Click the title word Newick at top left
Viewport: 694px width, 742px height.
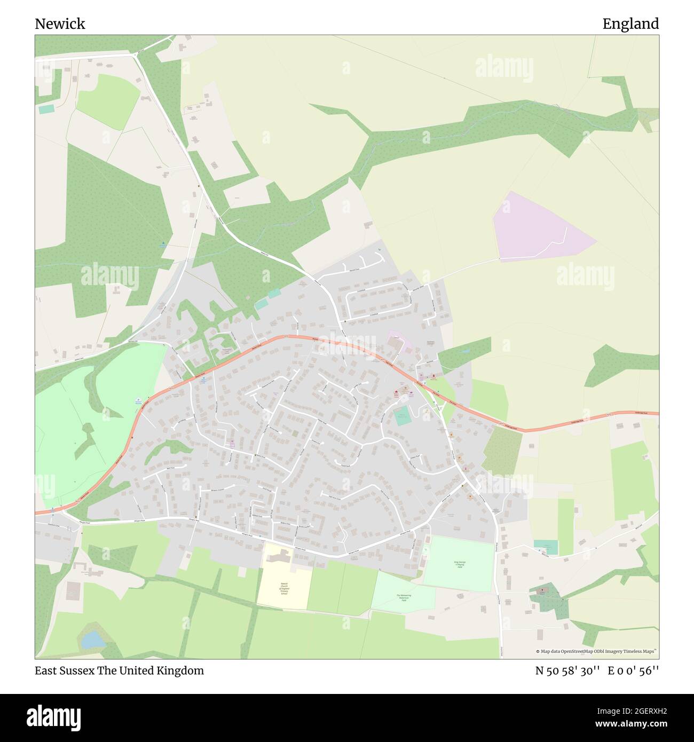pos(60,24)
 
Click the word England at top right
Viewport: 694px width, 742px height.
pos(630,24)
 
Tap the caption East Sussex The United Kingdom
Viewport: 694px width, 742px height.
pos(120,670)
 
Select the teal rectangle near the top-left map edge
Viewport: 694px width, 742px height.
pos(46,109)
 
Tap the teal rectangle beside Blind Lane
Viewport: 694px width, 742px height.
pos(546,547)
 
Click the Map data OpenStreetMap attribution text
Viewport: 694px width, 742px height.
pos(597,651)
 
